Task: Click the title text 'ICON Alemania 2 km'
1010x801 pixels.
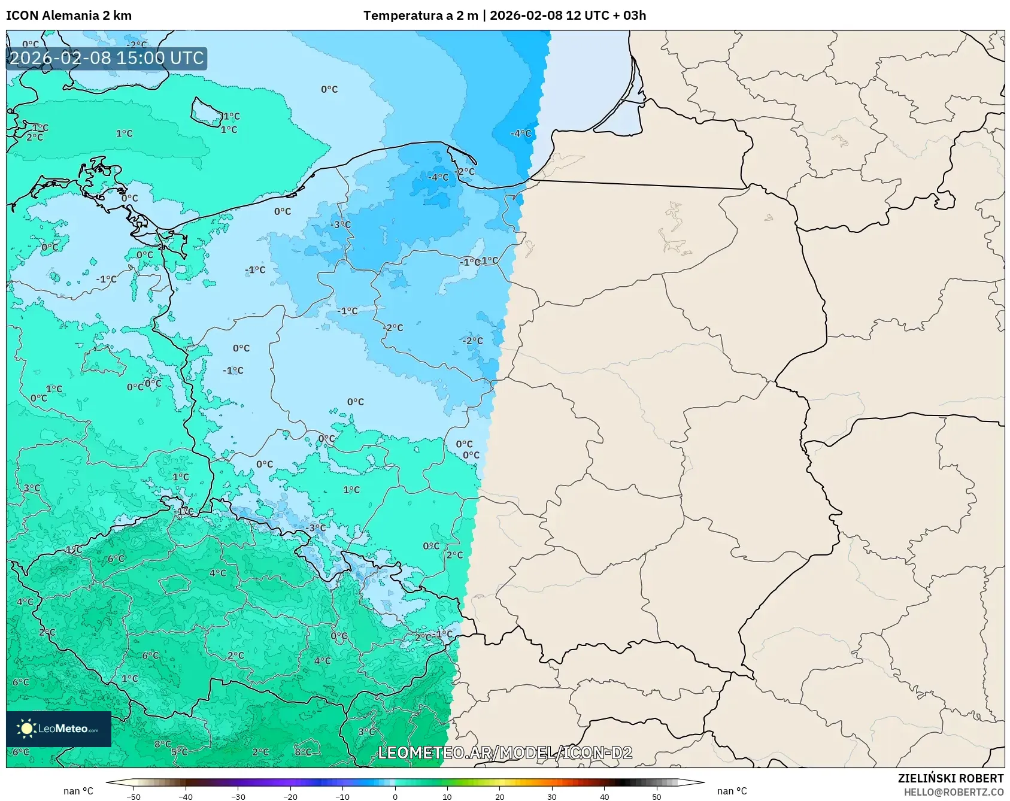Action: click(69, 16)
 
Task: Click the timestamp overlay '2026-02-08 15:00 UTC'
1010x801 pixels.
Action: click(107, 58)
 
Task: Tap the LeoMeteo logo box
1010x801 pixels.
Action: click(59, 729)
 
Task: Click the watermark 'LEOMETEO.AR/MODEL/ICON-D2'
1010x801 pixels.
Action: click(505, 753)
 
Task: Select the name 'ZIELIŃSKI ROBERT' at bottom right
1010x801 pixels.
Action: click(950, 778)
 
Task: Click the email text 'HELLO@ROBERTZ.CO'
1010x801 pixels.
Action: click(953, 792)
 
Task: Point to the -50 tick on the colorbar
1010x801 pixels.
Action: click(134, 796)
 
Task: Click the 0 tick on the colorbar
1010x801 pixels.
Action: click(395, 796)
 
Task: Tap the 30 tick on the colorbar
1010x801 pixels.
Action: click(551, 796)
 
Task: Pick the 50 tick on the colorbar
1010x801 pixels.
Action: click(656, 796)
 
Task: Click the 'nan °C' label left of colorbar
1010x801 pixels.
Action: click(78, 791)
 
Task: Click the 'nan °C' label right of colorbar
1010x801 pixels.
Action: click(732, 791)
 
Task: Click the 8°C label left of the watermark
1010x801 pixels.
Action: click(303, 752)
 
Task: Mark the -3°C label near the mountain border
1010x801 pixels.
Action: click(317, 528)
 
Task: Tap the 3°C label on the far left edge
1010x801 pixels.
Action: click(32, 488)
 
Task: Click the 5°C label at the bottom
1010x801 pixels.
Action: click(179, 752)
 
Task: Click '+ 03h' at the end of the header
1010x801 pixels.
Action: click(629, 16)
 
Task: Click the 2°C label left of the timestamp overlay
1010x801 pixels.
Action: click(35, 137)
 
